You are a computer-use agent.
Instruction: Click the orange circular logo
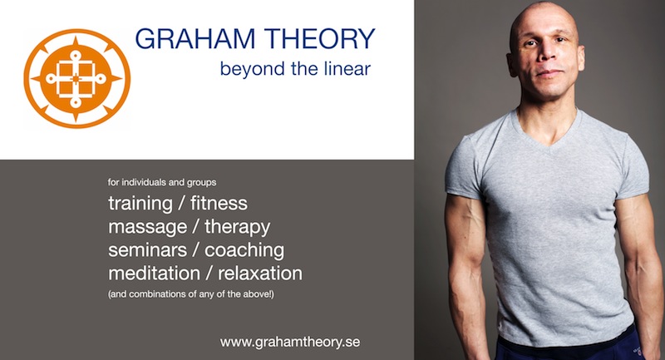(76, 78)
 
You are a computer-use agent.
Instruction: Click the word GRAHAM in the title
(195, 38)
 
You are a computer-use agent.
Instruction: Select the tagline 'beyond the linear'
(295, 69)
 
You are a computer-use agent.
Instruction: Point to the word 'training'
(140, 204)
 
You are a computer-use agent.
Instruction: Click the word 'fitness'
(219, 203)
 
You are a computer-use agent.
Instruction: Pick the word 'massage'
(148, 228)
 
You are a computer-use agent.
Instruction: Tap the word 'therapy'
(238, 227)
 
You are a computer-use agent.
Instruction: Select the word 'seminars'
(148, 249)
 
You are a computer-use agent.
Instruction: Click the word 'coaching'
(244, 250)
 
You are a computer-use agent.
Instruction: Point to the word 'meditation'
(154, 273)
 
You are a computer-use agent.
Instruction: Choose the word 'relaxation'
(260, 273)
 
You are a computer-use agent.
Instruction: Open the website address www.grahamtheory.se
(290, 343)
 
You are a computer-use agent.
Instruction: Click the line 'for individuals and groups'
(162, 182)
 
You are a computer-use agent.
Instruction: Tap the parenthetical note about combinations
(191, 293)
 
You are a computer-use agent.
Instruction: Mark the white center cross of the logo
(75, 79)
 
